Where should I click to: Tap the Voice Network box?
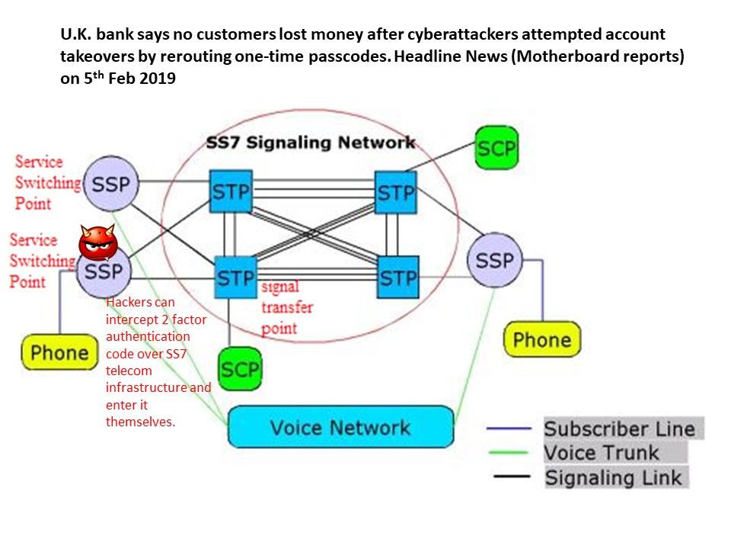coord(340,426)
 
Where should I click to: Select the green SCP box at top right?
coord(496,147)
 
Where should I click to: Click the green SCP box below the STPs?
coord(240,370)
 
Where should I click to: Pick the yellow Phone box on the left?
coord(59,352)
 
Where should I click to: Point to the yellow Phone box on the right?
coord(541,339)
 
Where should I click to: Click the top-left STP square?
coord(231,191)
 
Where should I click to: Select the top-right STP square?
coord(396,192)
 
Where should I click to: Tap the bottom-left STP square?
coord(235,278)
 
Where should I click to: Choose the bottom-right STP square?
coord(398,277)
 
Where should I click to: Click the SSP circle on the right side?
coord(495,260)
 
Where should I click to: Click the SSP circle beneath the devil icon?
coord(103,272)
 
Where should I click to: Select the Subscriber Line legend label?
coord(618,428)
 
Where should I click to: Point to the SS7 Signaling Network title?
coord(311,143)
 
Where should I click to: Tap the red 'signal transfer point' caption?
coord(286,307)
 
